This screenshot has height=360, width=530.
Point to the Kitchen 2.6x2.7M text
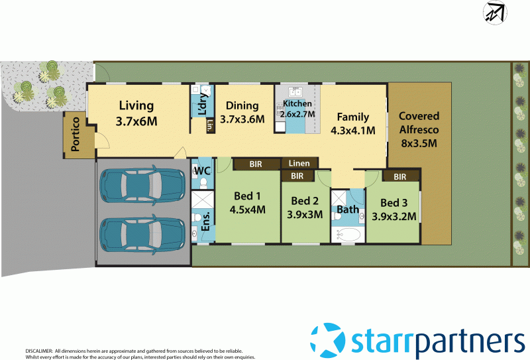297,109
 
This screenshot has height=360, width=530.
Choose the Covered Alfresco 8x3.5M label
418,129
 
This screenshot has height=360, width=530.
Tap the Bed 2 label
305,208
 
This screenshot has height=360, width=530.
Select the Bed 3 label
394,209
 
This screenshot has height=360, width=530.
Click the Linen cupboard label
299,163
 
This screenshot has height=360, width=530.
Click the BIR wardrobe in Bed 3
399,176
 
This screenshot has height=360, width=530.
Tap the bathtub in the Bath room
348,235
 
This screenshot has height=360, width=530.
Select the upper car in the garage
142,186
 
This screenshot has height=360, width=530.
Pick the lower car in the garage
142,231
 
